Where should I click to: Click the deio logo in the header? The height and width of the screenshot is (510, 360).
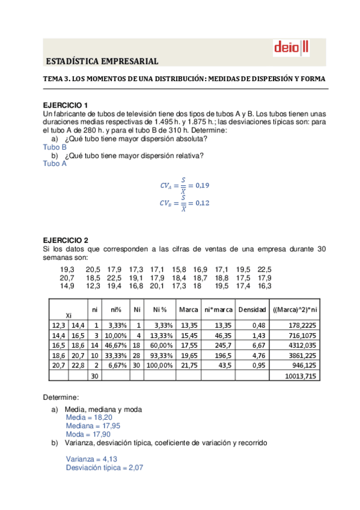[291, 47]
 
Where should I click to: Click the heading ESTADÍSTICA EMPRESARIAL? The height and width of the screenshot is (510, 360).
[102, 61]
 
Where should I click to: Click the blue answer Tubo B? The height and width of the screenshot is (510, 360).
[55, 147]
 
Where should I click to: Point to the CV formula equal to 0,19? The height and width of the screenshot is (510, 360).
[184, 185]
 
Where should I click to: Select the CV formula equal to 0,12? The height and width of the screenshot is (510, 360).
[184, 203]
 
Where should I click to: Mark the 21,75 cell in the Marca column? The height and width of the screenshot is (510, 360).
[189, 365]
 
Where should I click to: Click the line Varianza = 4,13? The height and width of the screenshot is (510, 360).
[91, 459]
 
